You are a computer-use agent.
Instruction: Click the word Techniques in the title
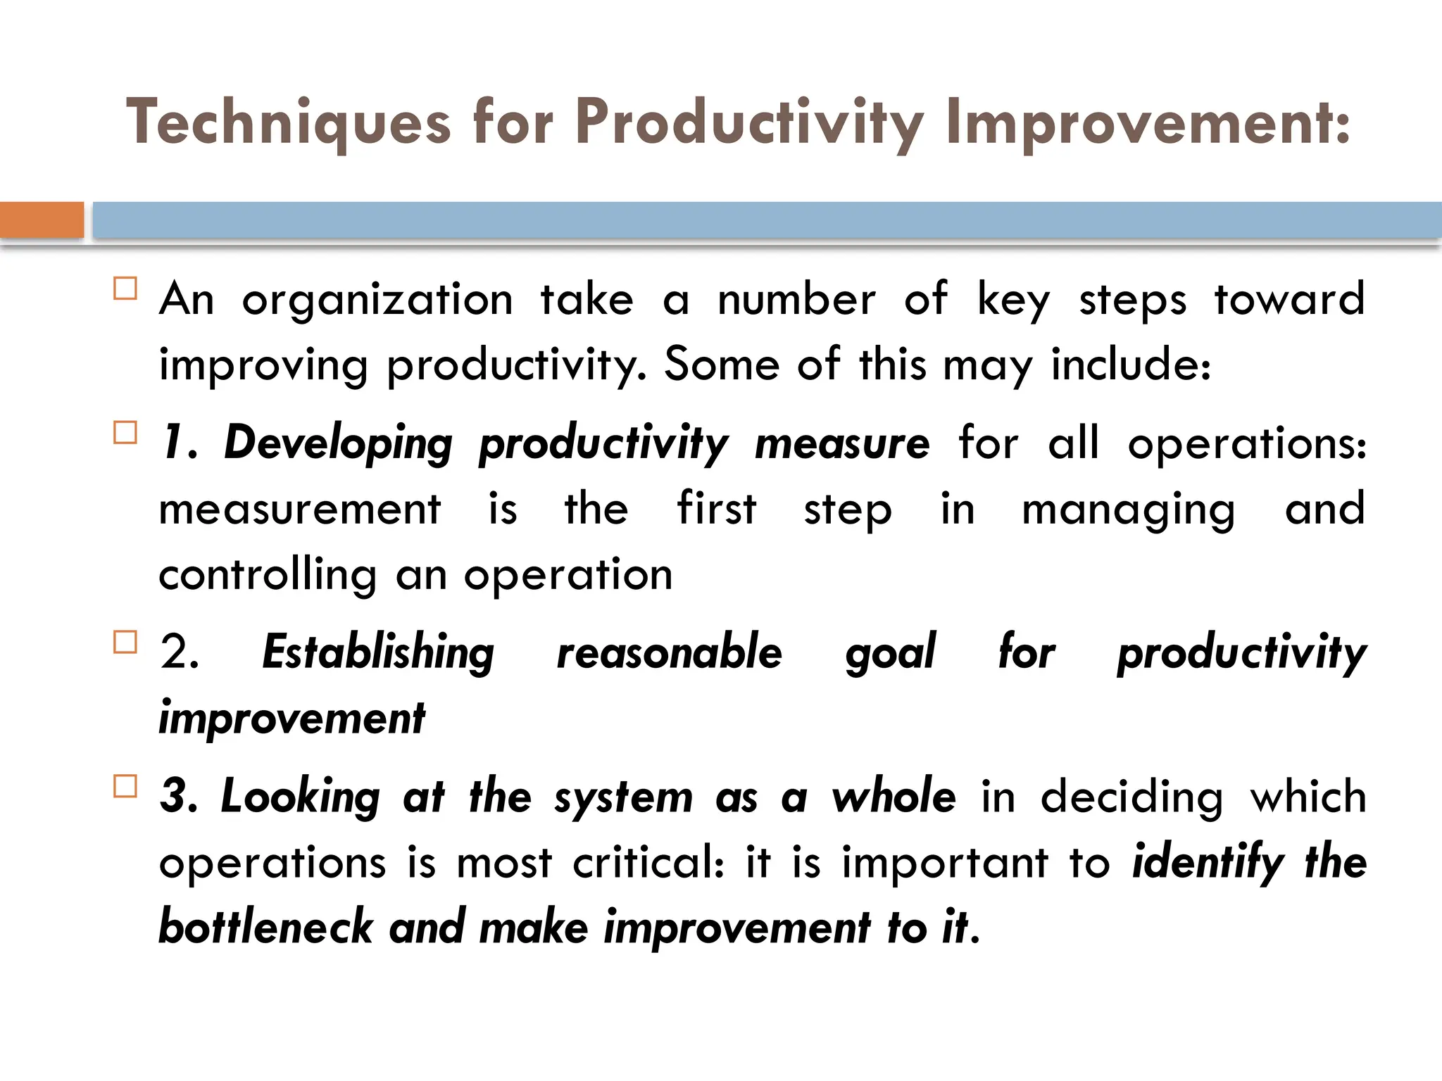tap(288, 123)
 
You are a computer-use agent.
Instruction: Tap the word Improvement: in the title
tap(1148, 123)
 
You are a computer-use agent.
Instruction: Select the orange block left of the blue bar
tap(42, 220)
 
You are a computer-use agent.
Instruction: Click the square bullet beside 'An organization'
tap(125, 289)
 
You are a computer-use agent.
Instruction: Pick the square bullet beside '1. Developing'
tap(125, 432)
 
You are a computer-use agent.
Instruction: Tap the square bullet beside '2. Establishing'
tap(125, 642)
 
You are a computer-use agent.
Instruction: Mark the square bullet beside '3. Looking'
tap(125, 785)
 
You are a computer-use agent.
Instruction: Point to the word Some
tap(722, 365)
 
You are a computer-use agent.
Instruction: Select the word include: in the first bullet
tap(1131, 365)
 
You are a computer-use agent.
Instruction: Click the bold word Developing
tap(338, 444)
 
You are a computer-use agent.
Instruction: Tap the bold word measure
tap(842, 444)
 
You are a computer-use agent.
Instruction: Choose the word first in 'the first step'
tap(716, 509)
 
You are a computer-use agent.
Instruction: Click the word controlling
tap(268, 575)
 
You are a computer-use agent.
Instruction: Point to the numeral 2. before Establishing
tap(180, 652)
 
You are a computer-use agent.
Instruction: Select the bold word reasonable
tap(669, 652)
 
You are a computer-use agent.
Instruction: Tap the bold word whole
tap(894, 797)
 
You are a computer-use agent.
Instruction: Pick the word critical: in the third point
tap(648, 862)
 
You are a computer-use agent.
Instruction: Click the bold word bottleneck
tap(265, 928)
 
